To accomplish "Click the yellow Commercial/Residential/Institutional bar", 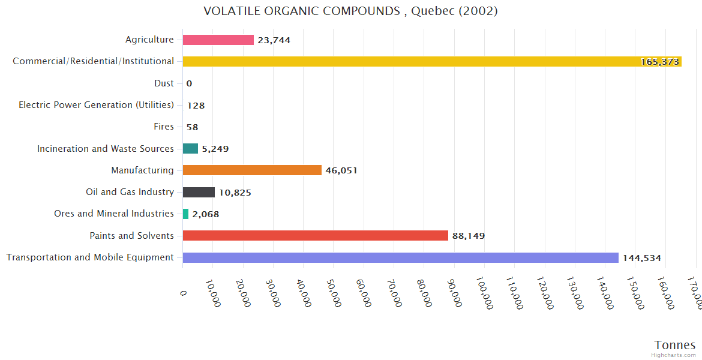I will [432, 61].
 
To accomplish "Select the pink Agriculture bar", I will [218, 40].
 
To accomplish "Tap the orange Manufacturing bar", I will [252, 170].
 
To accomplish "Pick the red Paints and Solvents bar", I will [316, 236].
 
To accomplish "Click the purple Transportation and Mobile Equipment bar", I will [400, 257].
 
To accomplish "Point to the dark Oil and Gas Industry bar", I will [199, 192].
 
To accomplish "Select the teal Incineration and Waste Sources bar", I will [190, 148].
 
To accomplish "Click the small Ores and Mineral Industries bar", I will [185, 214].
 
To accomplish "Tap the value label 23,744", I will [274, 40].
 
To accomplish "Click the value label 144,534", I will [641, 258].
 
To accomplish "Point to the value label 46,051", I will [341, 170].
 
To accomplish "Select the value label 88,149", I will [468, 236].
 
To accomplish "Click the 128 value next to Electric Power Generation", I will [196, 106].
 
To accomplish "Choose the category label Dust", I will [163, 83].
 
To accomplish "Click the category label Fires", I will [164, 127].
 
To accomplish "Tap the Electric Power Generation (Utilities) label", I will [96, 105].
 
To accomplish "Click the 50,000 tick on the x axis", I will [334, 292].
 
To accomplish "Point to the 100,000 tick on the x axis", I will [484, 293].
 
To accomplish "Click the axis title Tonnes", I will [674, 345].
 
